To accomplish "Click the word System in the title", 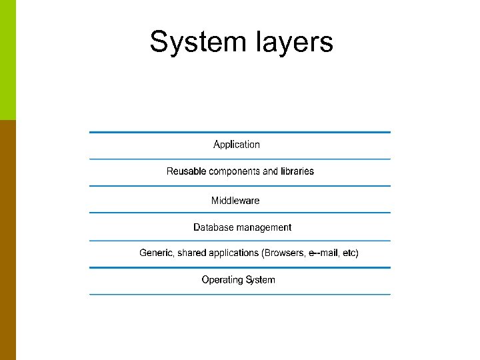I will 197,42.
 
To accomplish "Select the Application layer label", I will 237,145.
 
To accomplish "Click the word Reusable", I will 186,171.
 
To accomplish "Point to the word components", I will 235,171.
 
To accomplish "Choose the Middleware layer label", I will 235,201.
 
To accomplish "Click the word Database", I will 212,227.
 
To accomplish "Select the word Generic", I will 155,253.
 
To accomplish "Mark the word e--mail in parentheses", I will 324,253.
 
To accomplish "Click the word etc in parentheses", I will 350,253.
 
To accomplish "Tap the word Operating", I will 222,280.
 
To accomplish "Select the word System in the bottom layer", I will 260,280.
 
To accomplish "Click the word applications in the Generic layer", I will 235,253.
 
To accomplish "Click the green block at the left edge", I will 7,60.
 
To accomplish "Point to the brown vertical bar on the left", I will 7,240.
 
